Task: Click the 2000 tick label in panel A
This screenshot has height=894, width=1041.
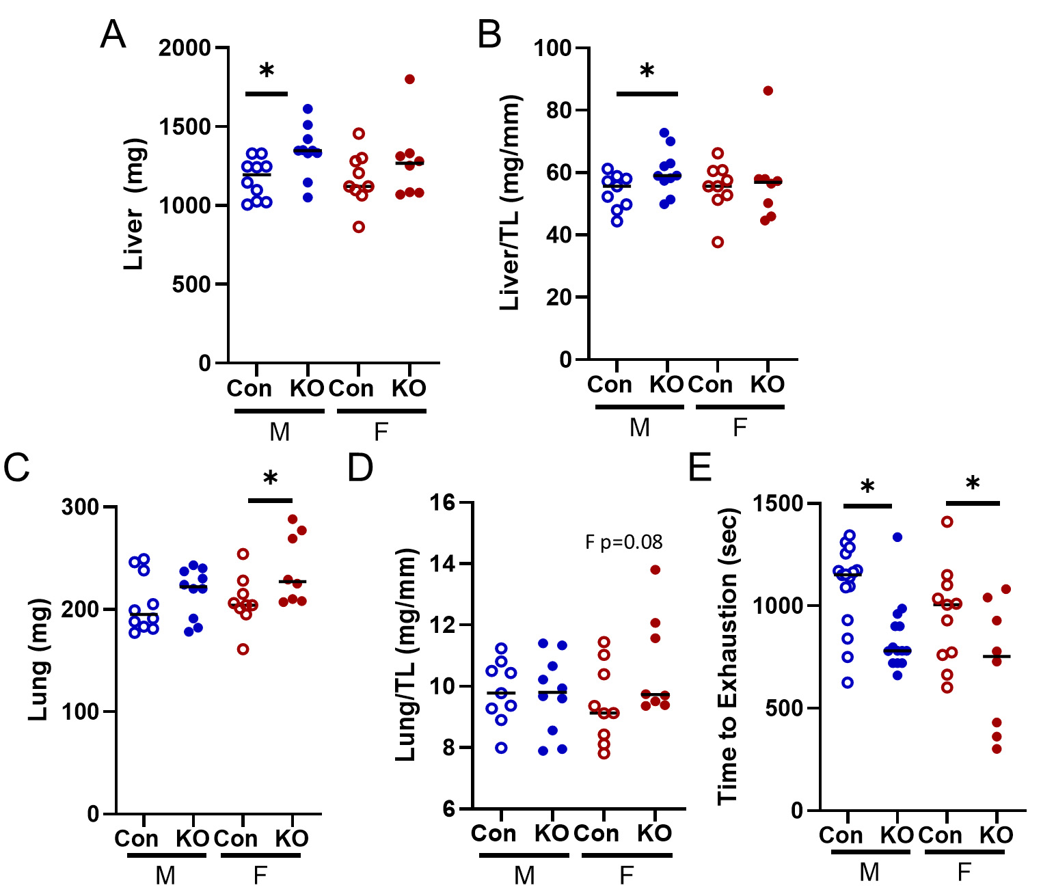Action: click(185, 49)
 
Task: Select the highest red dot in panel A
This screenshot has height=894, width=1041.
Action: click(409, 79)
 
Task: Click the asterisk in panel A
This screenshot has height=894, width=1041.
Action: click(267, 71)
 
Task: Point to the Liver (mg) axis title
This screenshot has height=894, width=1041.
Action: click(135, 204)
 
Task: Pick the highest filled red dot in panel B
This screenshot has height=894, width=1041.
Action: click(768, 91)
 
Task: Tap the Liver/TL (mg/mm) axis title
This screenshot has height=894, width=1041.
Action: click(511, 202)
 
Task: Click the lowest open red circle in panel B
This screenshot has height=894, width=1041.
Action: click(718, 242)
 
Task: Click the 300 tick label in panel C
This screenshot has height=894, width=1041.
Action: click(80, 507)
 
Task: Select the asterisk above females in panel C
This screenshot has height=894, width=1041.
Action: click(271, 478)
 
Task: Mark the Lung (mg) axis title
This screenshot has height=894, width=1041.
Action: click(39, 659)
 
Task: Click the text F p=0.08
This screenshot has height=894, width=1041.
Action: click(623, 543)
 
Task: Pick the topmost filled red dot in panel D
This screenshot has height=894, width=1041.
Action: click(655, 570)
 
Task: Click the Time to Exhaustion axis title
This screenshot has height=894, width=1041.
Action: click(729, 656)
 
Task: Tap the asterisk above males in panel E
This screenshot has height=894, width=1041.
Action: click(867, 487)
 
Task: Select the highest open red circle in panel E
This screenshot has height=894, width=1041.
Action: click(947, 522)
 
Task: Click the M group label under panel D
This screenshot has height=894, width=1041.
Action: click(524, 875)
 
